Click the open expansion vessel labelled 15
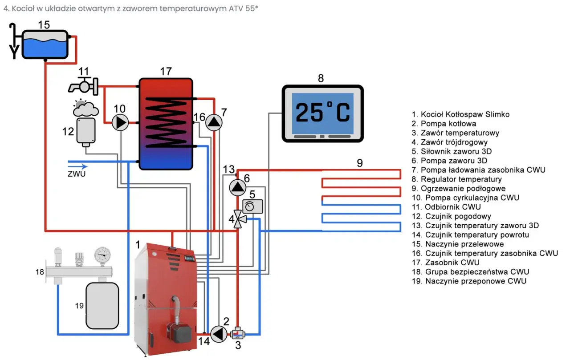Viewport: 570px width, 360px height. tap(45, 45)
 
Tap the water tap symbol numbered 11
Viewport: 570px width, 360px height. tap(83, 86)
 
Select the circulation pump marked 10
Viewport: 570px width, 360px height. tap(120, 122)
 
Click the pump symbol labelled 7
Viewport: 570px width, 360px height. tap(214, 122)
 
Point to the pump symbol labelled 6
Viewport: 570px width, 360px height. tap(238, 188)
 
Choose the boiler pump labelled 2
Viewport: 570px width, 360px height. tap(219, 334)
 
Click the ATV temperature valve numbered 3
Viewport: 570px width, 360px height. tap(237, 333)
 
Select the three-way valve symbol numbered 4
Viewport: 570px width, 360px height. tap(239, 219)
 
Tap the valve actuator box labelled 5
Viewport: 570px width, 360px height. tap(252, 206)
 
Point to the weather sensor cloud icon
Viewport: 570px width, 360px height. tap(85, 108)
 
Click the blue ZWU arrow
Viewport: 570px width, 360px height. tap(77, 166)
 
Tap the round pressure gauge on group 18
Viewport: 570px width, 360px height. tap(102, 255)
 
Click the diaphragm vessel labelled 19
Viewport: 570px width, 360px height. tap(102, 306)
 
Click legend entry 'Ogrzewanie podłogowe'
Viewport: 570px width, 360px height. tap(463, 189)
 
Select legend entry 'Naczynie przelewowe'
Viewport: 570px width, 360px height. tap(464, 244)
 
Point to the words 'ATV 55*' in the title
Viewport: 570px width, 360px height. tap(243, 8)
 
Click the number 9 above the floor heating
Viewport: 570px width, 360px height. tap(359, 163)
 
